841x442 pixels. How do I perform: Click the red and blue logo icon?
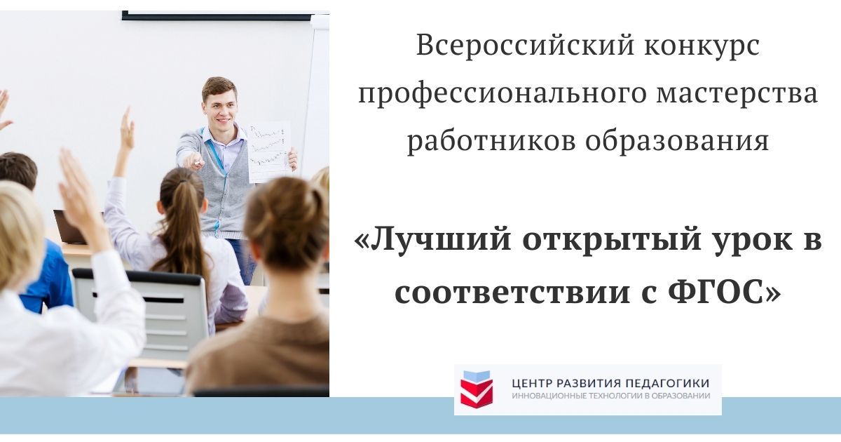pos(477,389)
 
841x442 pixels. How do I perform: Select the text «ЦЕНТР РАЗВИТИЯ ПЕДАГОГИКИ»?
pos(610,383)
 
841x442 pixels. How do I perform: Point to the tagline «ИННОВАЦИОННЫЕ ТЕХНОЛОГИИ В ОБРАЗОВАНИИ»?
pos(610,396)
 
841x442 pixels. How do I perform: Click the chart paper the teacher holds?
pos(268,151)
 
